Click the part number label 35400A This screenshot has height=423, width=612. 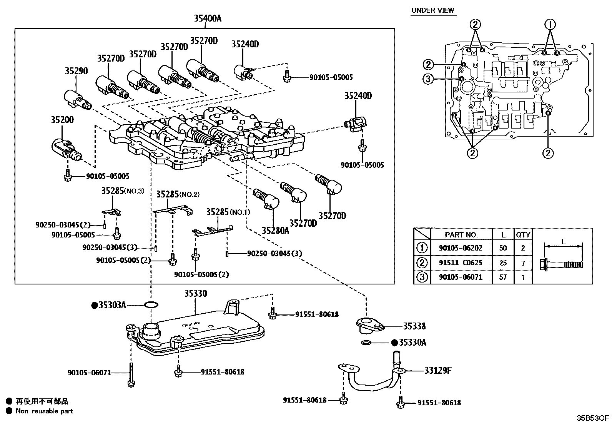click(208, 18)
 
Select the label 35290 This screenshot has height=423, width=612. click(76, 71)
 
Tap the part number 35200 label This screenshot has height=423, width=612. click(62, 120)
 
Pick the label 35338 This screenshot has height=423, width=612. click(414, 326)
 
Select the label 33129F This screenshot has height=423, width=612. click(437, 370)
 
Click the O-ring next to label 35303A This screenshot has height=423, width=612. click(151, 305)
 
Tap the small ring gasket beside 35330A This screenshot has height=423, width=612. click(366, 343)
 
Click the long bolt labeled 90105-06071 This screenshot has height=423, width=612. click(131, 374)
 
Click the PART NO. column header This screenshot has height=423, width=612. click(461, 234)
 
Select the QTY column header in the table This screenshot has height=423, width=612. click(523, 234)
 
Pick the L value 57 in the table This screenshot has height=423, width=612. click(503, 277)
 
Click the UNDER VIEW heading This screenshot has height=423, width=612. click(432, 10)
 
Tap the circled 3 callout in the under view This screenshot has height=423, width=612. click(428, 79)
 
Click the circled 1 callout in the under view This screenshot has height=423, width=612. click(550, 25)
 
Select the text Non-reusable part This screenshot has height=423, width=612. click(44, 411)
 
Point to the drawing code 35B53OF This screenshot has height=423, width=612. click(592, 418)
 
